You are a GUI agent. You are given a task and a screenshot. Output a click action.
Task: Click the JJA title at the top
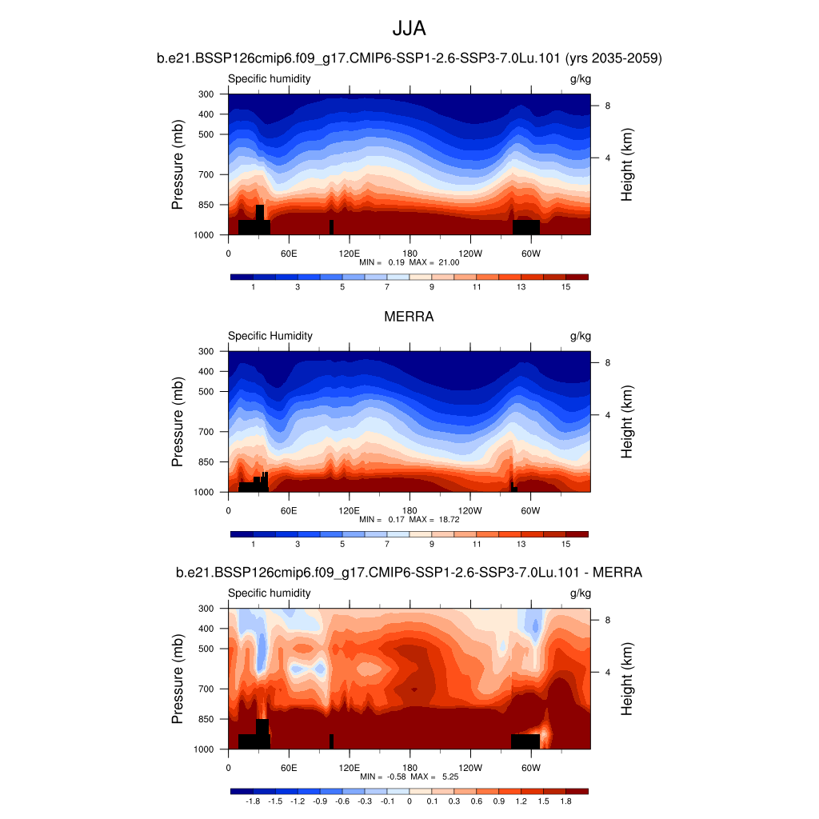(409, 29)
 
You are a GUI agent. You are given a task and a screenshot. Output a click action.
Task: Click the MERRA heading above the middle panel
(409, 317)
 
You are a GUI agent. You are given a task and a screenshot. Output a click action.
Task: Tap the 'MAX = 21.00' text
(433, 262)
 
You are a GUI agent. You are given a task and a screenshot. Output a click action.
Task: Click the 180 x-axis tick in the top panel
(409, 253)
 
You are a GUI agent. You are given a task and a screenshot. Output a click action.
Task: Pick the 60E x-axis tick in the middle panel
(289, 509)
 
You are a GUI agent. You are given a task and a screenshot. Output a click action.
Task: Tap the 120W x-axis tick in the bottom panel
(470, 767)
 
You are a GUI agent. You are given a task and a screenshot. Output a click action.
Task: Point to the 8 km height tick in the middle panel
(607, 363)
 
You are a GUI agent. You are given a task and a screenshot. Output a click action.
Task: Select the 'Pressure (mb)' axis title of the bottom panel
(178, 679)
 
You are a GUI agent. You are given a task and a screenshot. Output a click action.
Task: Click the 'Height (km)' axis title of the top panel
(627, 165)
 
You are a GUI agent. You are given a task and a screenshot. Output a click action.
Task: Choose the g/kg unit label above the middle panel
(580, 336)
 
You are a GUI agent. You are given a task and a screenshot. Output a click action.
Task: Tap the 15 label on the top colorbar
(565, 287)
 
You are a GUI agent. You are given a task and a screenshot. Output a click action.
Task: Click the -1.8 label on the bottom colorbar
(253, 801)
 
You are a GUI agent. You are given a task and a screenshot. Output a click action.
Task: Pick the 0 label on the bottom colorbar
(409, 801)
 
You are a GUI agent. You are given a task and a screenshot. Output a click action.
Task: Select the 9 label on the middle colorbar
(432, 544)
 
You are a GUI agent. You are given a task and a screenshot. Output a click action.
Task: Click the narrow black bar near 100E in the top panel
(331, 227)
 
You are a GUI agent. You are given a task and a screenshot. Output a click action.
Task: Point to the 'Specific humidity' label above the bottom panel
(270, 593)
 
